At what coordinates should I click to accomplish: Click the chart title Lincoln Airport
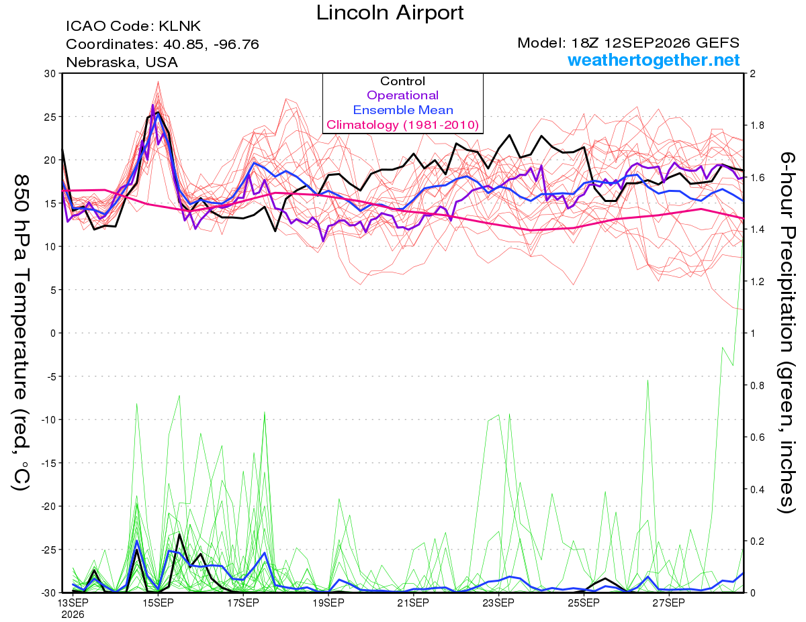[x=390, y=13]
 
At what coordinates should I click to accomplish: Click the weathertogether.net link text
[x=654, y=60]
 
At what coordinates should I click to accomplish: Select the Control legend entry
[x=402, y=81]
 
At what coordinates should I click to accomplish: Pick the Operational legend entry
[x=402, y=95]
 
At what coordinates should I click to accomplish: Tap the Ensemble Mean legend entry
[x=403, y=110]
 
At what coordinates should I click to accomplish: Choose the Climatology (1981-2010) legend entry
[x=403, y=125]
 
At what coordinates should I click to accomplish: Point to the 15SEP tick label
[x=158, y=603]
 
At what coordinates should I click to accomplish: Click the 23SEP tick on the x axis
[x=498, y=603]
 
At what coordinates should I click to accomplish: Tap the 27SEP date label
[x=669, y=603]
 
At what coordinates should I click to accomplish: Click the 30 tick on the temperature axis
[x=50, y=74]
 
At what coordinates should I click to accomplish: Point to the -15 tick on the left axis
[x=48, y=463]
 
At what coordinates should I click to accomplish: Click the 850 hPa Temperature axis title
[x=21, y=333]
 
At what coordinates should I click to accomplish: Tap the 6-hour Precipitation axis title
[x=787, y=333]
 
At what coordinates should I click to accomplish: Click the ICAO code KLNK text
[x=133, y=26]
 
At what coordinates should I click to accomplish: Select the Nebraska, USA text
[x=122, y=62]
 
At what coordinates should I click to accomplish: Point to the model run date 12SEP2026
[x=647, y=43]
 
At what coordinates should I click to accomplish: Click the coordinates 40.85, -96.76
[x=211, y=45]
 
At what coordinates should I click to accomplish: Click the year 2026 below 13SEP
[x=73, y=615]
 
